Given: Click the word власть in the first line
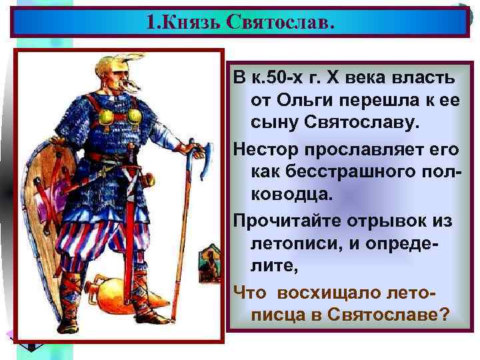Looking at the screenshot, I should coord(423,78).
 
